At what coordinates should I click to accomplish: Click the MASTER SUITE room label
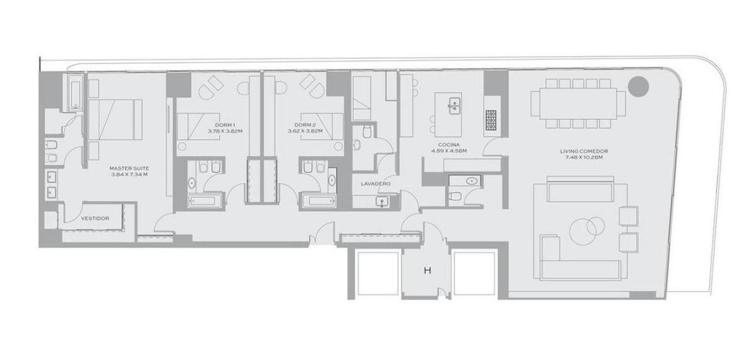point(129,168)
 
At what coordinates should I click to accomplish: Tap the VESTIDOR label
point(95,219)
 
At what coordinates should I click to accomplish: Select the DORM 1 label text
point(225,125)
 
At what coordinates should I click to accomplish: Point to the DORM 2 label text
point(305,125)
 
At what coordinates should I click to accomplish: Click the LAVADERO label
point(376,183)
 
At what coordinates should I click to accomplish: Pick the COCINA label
point(449,145)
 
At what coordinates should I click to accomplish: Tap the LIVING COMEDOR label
point(584,151)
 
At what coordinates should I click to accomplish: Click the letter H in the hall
point(427,271)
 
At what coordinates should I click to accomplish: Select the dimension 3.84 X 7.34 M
point(129,174)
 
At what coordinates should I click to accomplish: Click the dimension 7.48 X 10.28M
point(584,157)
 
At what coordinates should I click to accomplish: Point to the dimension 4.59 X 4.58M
point(449,151)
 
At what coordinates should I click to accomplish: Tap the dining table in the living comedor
point(578,103)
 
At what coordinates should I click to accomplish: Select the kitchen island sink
point(454,106)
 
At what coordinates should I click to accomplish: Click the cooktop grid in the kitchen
point(491,120)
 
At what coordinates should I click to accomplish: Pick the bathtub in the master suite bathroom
point(75,92)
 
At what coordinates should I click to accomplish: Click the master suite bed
point(115,119)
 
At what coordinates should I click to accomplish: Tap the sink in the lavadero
point(383,202)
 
